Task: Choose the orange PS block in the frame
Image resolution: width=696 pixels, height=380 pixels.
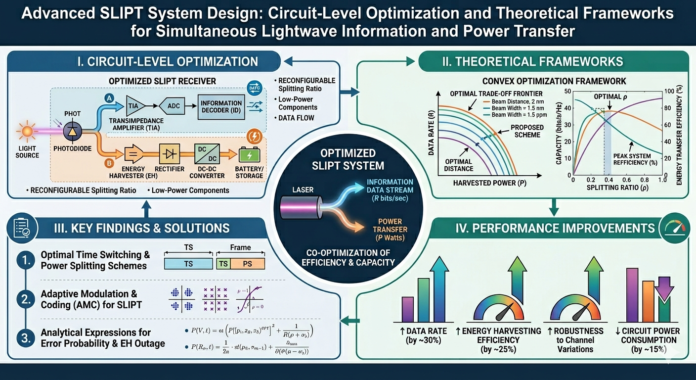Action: [247, 264]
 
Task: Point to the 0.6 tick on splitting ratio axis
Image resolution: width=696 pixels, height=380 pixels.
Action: [628, 179]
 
